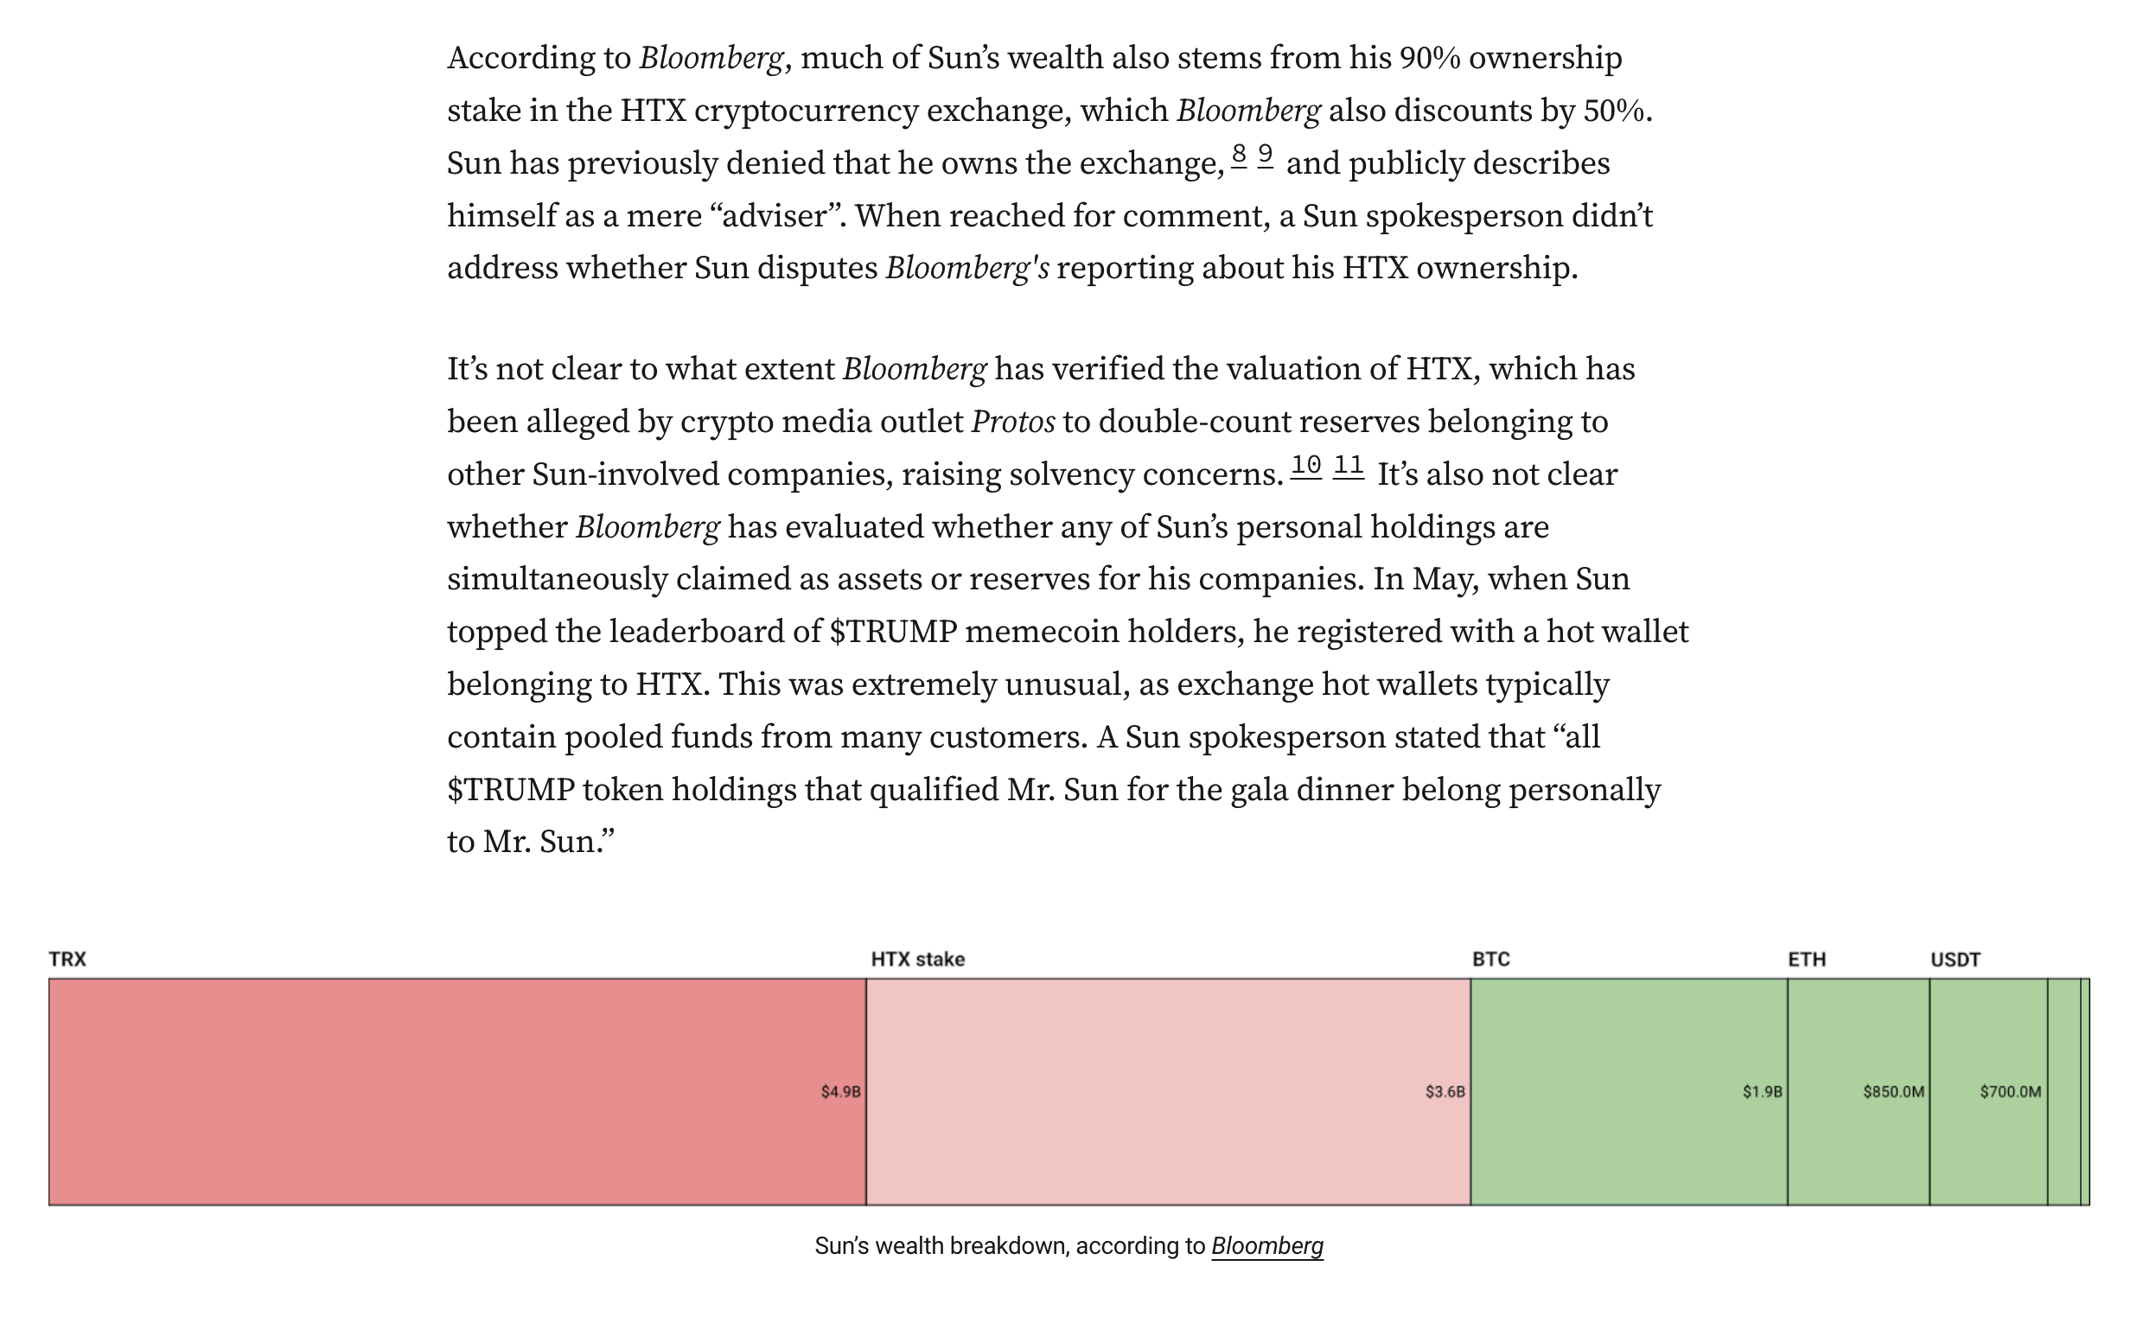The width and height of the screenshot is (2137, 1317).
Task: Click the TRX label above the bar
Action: point(67,959)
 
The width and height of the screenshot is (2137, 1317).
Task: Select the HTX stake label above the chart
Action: point(917,959)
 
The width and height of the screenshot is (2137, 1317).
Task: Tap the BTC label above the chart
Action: point(1490,959)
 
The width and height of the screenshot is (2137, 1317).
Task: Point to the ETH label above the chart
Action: point(1806,959)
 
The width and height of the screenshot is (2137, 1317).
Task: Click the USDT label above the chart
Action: point(1955,959)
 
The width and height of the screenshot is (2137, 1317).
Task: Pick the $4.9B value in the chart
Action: point(839,1091)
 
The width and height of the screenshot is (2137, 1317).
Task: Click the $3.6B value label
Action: point(1445,1091)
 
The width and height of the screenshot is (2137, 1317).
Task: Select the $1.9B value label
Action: point(1762,1091)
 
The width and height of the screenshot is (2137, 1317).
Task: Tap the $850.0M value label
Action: point(1893,1091)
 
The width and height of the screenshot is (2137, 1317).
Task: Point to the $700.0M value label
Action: point(2010,1091)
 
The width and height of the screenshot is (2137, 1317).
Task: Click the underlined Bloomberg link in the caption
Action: point(1266,1245)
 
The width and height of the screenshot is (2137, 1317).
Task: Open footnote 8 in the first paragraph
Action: point(1239,154)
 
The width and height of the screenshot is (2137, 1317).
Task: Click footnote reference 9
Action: point(1265,154)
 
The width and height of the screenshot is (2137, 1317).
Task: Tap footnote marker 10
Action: point(1305,465)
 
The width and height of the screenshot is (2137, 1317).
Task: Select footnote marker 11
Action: point(1348,465)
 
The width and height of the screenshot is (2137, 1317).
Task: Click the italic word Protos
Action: point(1012,422)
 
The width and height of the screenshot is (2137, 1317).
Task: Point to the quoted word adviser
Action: point(775,215)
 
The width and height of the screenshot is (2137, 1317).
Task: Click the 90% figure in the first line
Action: point(1429,58)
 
